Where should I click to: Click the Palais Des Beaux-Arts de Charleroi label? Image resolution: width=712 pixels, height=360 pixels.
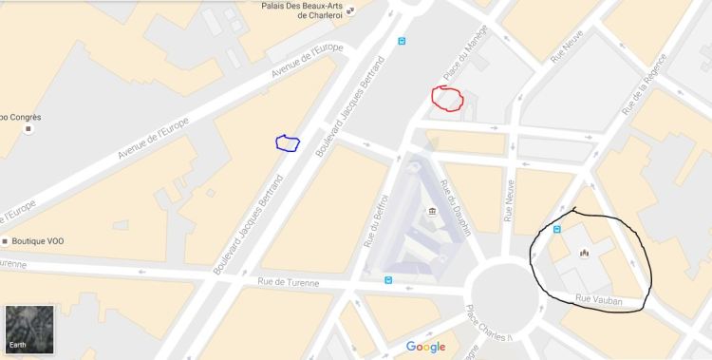[301, 9]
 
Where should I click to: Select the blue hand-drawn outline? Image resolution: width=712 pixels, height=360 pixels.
[287, 143]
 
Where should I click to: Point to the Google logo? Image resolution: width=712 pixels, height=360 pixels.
[425, 347]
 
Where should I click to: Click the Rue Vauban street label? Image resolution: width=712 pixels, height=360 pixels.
[599, 300]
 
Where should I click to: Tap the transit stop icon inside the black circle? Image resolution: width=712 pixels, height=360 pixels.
[556, 229]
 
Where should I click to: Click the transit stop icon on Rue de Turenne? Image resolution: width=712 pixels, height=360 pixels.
[387, 279]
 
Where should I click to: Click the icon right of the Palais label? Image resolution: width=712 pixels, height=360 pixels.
[350, 11]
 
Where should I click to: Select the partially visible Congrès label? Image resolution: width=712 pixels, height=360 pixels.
[19, 117]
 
